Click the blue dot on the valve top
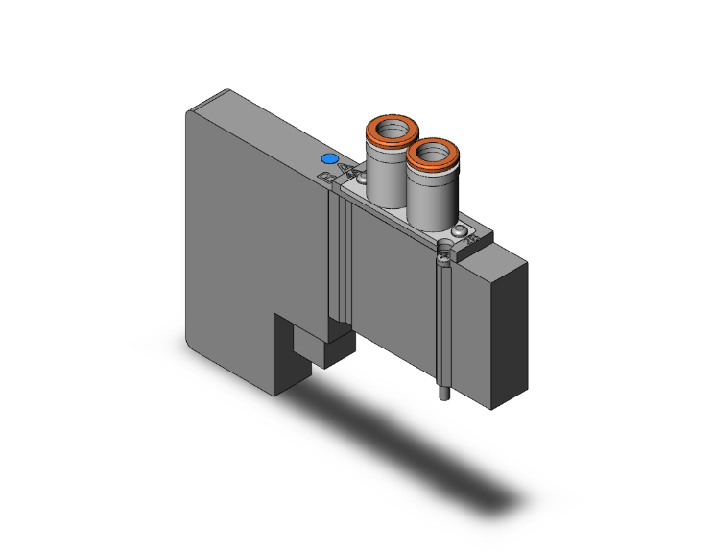coord(329,159)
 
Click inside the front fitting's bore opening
coord(432,151)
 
